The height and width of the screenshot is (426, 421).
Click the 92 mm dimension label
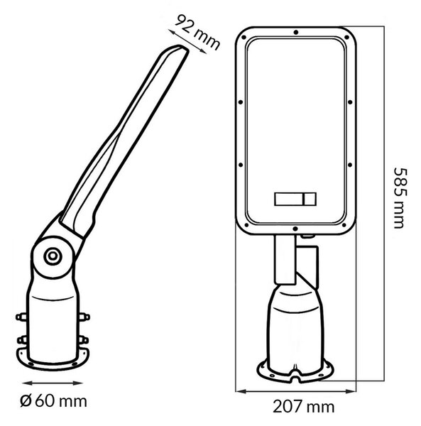pos(197,33)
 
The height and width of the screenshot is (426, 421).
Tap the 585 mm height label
pos(401,198)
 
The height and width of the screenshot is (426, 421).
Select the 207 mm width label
pos(303,407)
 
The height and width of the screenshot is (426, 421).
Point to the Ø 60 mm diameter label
pos(53,401)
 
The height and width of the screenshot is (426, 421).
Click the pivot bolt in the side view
pos(53,256)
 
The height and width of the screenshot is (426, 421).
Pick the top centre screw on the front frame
pos(296,33)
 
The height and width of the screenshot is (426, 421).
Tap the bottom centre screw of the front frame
pos(295,229)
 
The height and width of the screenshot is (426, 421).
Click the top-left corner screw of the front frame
pos(244,37)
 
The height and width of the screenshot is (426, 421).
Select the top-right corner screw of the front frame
pos(347,37)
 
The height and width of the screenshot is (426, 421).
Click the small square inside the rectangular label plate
pos(310,200)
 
